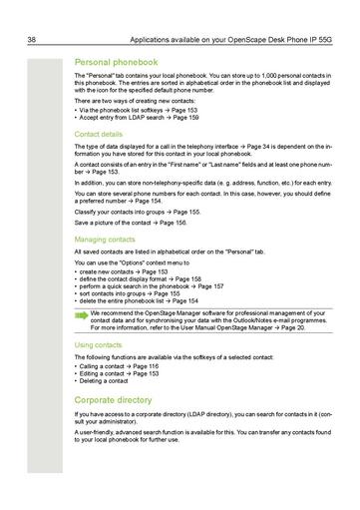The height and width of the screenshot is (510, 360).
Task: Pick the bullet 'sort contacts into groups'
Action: (130, 293)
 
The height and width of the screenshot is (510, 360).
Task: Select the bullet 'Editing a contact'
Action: (118, 373)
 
